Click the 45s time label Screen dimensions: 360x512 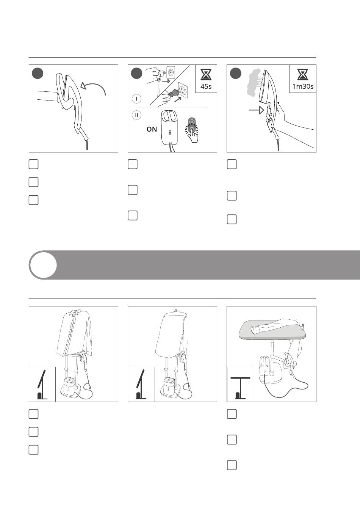coord(206,86)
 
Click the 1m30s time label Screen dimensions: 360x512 coord(303,86)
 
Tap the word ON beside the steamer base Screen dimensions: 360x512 coord(152,129)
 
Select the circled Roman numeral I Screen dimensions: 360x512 coord(136,99)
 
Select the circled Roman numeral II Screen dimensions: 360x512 coord(136,115)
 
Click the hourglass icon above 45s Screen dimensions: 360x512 coord(206,74)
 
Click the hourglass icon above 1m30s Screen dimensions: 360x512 coord(303,74)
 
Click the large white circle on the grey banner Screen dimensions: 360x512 coord(43,265)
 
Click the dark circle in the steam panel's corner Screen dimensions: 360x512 coord(235,73)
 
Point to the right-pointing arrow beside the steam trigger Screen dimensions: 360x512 coord(256,110)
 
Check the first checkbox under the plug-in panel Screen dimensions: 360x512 coord(133,164)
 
